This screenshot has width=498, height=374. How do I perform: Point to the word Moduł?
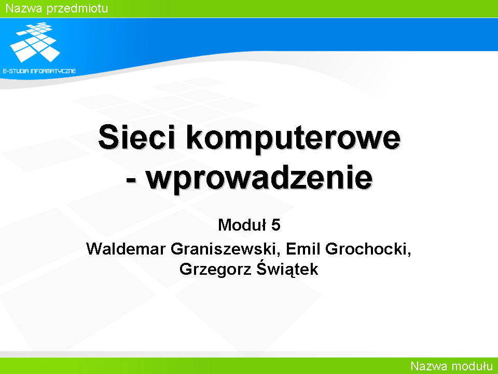click(242, 225)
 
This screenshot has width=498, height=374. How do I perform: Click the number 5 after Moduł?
click(275, 225)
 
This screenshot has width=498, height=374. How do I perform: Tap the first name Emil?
click(303, 249)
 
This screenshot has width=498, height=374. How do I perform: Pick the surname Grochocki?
click(366, 249)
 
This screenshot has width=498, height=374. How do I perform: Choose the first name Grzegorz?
click(215, 270)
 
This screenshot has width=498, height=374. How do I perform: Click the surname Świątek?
click(287, 269)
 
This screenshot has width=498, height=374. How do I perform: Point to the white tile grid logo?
click(35, 42)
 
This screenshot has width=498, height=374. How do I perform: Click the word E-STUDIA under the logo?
click(15, 71)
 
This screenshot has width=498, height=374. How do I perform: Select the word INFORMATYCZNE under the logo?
click(53, 71)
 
